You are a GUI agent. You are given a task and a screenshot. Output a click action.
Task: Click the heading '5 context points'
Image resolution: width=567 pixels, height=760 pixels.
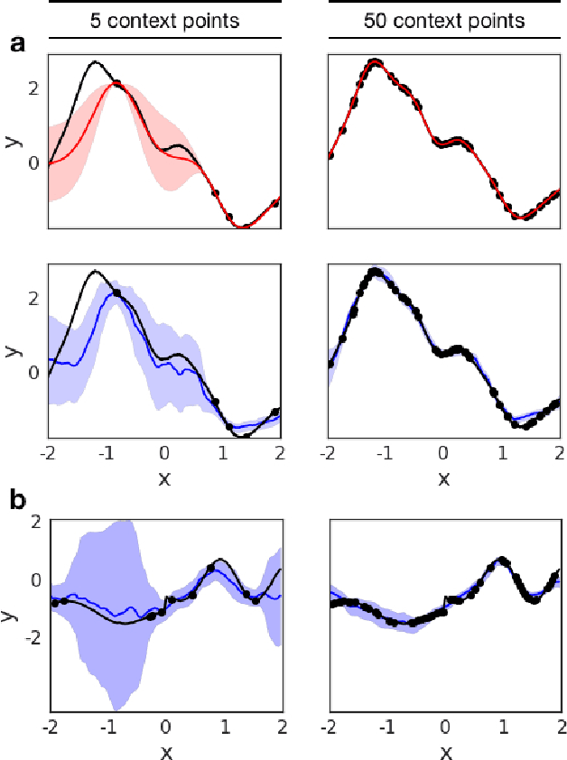pyautogui.click(x=165, y=19)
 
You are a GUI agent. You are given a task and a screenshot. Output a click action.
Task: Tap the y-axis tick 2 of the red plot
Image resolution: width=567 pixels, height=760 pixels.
pyautogui.click(x=33, y=88)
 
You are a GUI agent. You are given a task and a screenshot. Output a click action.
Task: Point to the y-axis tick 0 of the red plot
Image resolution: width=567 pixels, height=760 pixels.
pyautogui.click(x=33, y=163)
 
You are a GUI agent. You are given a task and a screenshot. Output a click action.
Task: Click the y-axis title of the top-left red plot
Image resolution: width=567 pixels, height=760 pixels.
pyautogui.click(x=12, y=141)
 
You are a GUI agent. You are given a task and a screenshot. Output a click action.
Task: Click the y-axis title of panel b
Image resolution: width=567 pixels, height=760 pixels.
pyautogui.click(x=12, y=616)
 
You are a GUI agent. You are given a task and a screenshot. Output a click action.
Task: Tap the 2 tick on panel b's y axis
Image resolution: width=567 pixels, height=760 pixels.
pyautogui.click(x=35, y=522)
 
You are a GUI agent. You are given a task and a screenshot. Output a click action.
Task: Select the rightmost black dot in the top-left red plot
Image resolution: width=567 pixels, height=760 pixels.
pyautogui.click(x=275, y=203)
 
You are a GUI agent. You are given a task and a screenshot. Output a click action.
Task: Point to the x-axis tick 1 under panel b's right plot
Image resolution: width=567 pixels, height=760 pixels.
pyautogui.click(x=502, y=726)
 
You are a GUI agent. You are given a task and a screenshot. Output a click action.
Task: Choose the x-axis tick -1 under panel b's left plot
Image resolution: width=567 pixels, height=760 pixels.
pyautogui.click(x=106, y=726)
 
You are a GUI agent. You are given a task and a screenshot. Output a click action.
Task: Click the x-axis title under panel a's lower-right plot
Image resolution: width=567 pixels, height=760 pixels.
pyautogui.click(x=443, y=478)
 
